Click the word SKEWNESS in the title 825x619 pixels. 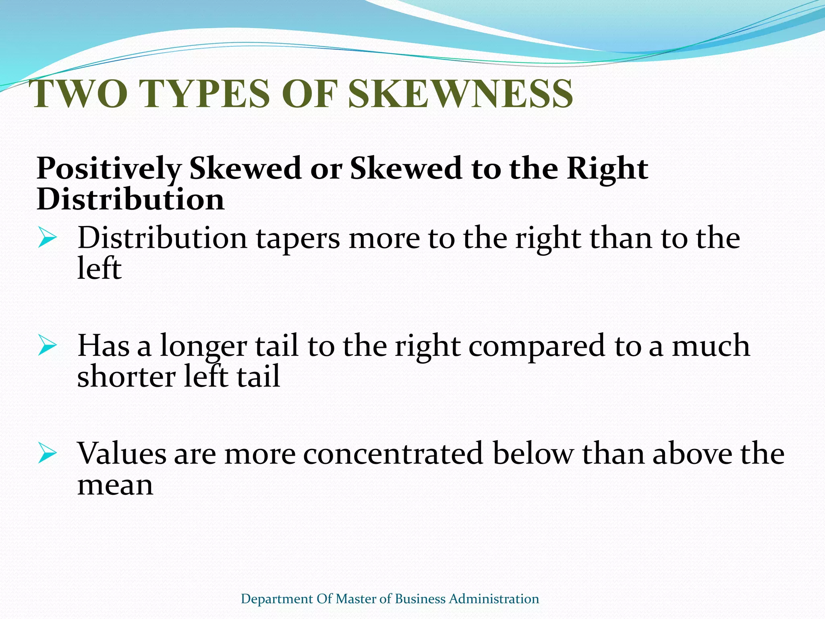pos(460,93)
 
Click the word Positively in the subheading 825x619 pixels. pos(109,168)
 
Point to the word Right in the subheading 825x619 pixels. pos(607,168)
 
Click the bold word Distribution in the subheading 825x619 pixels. pos(131,199)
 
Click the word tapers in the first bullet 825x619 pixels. pos(298,239)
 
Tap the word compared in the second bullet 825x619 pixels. pos(537,347)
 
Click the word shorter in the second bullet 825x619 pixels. pos(126,376)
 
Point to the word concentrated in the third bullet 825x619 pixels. pos(393,454)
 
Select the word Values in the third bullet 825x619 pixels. pos(122,454)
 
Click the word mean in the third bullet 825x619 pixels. pos(115,485)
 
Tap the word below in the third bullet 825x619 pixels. pos(533,454)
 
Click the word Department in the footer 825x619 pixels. pos(277,599)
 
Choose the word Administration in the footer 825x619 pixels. pos(494,599)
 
